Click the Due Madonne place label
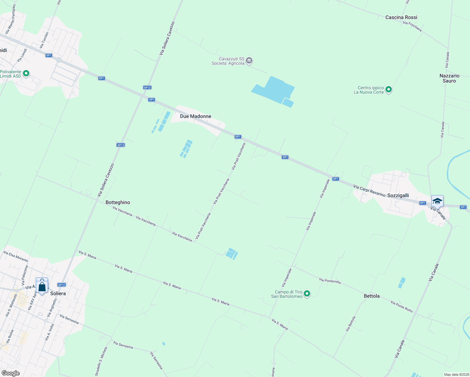point(195,116)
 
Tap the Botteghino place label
point(118,202)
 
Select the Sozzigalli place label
point(398,195)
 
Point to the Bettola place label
point(372,296)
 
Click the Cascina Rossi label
point(401,17)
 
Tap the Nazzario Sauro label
point(449,78)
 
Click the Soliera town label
point(58,293)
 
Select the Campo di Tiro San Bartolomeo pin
point(307,294)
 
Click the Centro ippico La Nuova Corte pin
point(389,90)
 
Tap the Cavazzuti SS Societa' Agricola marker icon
point(249,61)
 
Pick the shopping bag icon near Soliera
point(42,286)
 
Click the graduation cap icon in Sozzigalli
point(437,201)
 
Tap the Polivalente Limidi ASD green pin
point(26,74)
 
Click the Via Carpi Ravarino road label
point(369,191)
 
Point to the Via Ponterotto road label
point(330,281)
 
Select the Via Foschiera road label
point(412,26)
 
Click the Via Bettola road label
point(351,324)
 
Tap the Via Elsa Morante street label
point(16,256)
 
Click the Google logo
point(10,373)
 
